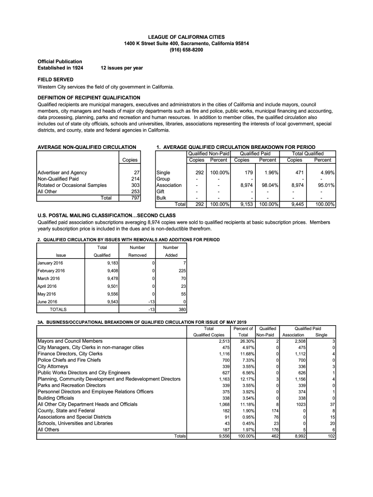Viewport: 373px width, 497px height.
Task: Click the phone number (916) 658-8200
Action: [x=186, y=50]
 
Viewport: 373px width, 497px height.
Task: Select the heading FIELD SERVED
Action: [x=56, y=79]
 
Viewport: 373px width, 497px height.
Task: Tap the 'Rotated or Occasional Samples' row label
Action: [x=72, y=185]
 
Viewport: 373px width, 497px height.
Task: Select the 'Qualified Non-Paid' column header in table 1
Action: [x=208, y=153]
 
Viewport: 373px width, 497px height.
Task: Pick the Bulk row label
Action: [x=162, y=198]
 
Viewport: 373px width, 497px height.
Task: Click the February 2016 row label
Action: [x=51, y=271]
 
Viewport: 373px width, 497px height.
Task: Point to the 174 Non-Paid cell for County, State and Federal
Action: [x=274, y=411]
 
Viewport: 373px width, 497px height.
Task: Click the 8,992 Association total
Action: [x=300, y=436]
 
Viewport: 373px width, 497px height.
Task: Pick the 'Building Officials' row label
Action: [x=56, y=398]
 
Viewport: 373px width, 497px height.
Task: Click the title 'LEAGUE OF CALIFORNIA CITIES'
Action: [x=186, y=37]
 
